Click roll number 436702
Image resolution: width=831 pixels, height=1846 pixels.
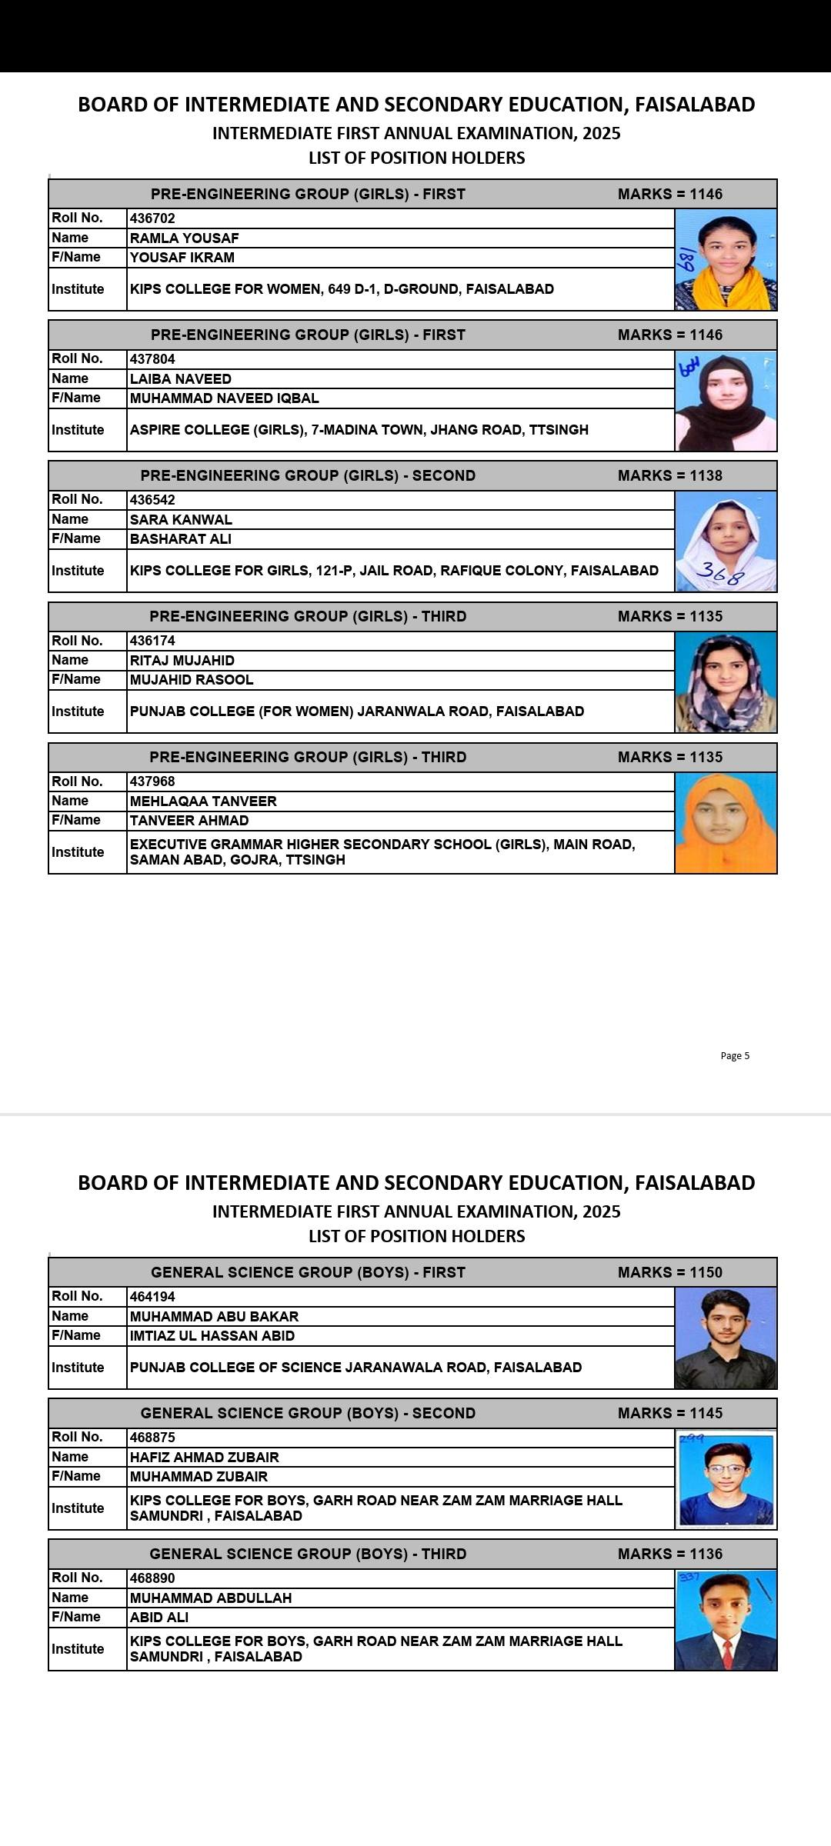pyautogui.click(x=152, y=218)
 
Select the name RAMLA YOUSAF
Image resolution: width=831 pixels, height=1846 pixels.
pyautogui.click(x=184, y=238)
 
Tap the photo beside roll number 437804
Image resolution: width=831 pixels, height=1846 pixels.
pyautogui.click(x=726, y=401)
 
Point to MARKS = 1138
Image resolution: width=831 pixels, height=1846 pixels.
pyautogui.click(x=669, y=475)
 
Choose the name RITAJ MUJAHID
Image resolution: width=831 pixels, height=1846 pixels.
pyautogui.click(x=182, y=661)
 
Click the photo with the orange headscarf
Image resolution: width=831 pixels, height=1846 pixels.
pyautogui.click(x=726, y=823)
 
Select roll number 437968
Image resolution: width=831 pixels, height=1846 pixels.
pyautogui.click(x=152, y=781)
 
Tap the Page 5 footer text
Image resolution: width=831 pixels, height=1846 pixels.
pyautogui.click(x=734, y=1055)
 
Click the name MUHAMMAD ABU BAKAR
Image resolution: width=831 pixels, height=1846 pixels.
pyautogui.click(x=214, y=1316)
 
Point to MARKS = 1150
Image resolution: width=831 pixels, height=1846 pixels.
pyautogui.click(x=669, y=1272)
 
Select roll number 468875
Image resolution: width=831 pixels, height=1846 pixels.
pyautogui.click(x=152, y=1437)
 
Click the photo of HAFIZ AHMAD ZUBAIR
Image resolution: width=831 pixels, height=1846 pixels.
pyautogui.click(x=726, y=1479)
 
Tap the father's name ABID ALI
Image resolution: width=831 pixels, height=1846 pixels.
pyautogui.click(x=159, y=1617)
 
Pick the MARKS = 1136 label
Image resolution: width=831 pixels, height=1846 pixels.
pyautogui.click(x=669, y=1554)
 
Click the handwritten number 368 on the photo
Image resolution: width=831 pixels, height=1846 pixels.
pyautogui.click(x=720, y=574)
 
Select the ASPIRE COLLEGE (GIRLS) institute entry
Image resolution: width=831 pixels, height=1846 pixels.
pyautogui.click(x=359, y=430)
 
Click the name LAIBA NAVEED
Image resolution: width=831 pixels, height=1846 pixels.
pyautogui.click(x=180, y=379)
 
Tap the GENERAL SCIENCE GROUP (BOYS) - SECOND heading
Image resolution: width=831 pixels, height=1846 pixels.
pyautogui.click(x=308, y=1413)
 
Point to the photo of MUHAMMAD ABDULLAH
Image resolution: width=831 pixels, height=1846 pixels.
pyautogui.click(x=726, y=1620)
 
